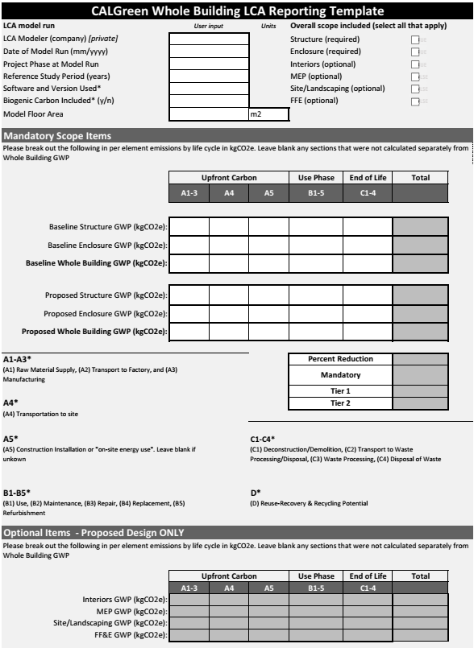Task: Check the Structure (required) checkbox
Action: pyautogui.click(x=415, y=39)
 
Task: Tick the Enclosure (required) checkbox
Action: pyautogui.click(x=415, y=52)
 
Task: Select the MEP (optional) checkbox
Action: pyautogui.click(x=415, y=76)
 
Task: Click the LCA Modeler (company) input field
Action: pyautogui.click(x=209, y=39)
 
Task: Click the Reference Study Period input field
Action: pyautogui.click(x=209, y=76)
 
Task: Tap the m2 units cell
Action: pyautogui.click(x=268, y=114)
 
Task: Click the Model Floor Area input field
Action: pyautogui.click(x=209, y=114)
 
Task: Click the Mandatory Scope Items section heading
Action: pyautogui.click(x=57, y=136)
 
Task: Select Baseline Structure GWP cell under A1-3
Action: pyautogui.click(x=189, y=226)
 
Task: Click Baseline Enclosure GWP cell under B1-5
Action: pyautogui.click(x=316, y=245)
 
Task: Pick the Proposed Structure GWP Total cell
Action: pyautogui.click(x=420, y=295)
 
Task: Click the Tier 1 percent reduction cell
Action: pyautogui.click(x=420, y=390)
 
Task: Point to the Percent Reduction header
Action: pyautogui.click(x=339, y=359)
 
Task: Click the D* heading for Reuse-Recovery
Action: pyautogui.click(x=256, y=492)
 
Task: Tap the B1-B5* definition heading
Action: pyautogui.click(x=17, y=492)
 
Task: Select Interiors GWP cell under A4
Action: pyautogui.click(x=229, y=600)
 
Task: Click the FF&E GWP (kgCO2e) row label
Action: pyautogui.click(x=128, y=636)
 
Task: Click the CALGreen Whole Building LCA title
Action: pyautogui.click(x=237, y=11)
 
